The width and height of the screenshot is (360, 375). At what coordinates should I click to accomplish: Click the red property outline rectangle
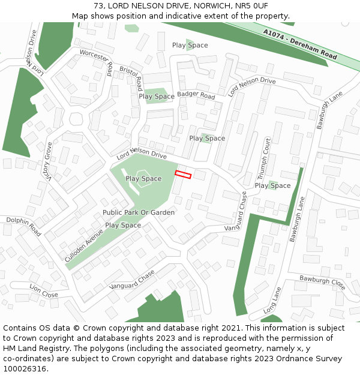183,175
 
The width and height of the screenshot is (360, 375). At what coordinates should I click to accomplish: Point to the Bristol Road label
131,75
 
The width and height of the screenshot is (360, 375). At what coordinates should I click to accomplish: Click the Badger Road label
196,95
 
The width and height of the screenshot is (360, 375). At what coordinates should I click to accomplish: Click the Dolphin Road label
23,226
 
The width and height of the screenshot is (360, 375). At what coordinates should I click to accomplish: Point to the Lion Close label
44,291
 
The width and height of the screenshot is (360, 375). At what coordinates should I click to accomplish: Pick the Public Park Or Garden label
139,212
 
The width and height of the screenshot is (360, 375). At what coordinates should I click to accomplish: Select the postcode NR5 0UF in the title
254,5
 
